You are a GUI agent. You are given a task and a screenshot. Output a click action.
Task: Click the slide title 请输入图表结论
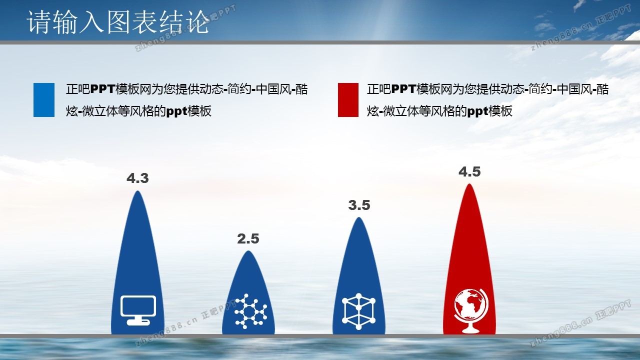(x=118, y=22)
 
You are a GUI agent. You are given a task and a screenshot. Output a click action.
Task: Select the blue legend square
(x=44, y=100)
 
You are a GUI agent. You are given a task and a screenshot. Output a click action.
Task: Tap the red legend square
(x=348, y=100)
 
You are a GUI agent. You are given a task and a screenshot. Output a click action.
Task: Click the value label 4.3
(x=137, y=178)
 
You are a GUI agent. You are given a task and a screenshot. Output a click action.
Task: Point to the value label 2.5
(x=248, y=239)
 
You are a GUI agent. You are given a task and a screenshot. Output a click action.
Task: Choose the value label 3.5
(x=359, y=205)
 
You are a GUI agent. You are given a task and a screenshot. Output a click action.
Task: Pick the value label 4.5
(x=469, y=171)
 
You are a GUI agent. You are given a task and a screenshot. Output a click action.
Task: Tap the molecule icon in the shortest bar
(x=250, y=311)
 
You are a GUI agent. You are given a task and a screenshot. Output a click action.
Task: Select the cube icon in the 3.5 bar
(x=359, y=311)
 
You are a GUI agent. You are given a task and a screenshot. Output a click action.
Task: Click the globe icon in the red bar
(x=470, y=311)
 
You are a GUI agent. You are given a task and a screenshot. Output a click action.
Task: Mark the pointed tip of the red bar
(x=469, y=183)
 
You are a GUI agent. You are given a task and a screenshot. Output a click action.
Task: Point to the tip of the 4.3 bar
(x=137, y=191)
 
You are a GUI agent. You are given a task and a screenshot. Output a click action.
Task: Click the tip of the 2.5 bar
(x=248, y=251)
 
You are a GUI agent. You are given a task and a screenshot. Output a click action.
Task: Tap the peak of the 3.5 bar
(x=359, y=217)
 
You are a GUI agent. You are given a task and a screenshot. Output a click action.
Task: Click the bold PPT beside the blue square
(x=102, y=89)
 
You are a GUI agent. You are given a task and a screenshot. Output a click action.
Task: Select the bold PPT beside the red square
(x=403, y=89)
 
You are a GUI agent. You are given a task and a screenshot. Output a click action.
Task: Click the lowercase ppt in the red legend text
(x=477, y=111)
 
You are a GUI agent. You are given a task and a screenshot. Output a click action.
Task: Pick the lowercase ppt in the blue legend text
(x=177, y=111)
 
